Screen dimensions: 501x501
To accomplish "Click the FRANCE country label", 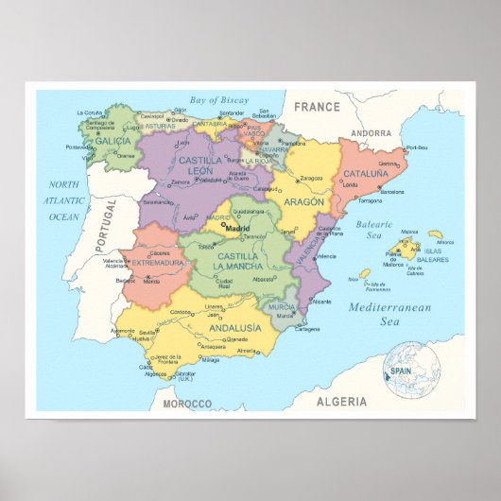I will pyautogui.click(x=316, y=107).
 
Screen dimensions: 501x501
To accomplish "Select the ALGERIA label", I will pyautogui.click(x=341, y=402).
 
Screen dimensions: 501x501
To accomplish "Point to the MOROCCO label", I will pyautogui.click(x=186, y=404).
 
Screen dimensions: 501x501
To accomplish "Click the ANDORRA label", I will pyautogui.click(x=371, y=133).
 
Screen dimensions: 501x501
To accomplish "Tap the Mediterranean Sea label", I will pyautogui.click(x=389, y=314).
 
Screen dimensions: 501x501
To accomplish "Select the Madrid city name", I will pyautogui.click(x=236, y=227).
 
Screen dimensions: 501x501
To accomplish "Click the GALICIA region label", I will pyautogui.click(x=113, y=141).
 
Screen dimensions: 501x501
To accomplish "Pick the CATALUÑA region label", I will pyautogui.click(x=365, y=174).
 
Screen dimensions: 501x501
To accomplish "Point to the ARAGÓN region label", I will pyautogui.click(x=302, y=201).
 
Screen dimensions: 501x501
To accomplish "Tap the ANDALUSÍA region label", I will pyautogui.click(x=234, y=328).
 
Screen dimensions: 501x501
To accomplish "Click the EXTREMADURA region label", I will pyautogui.click(x=157, y=262).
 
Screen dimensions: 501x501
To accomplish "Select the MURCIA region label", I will pyautogui.click(x=281, y=308).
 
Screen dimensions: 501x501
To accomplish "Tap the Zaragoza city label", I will pyautogui.click(x=311, y=178).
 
